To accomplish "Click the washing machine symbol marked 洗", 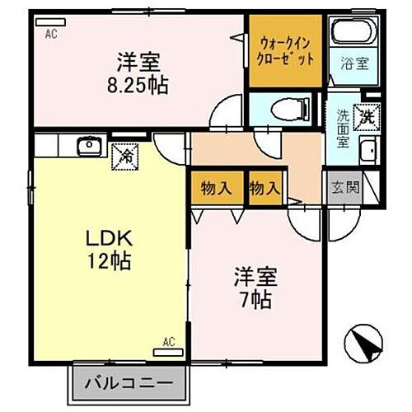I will [363, 115].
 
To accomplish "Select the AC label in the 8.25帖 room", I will [51, 34].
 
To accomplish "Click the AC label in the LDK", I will [168, 340].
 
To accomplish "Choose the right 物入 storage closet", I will [264, 188].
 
